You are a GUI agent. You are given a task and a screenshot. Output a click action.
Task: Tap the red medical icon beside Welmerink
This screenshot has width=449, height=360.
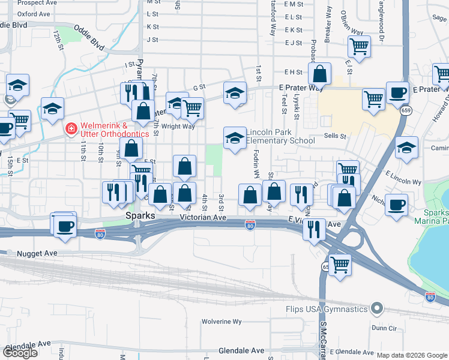[x=71, y=128]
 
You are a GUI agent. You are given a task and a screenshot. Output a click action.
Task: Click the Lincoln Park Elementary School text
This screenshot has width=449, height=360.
[x=280, y=136]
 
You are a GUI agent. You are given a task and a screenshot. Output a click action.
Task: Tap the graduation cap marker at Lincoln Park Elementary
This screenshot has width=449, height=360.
[x=235, y=138]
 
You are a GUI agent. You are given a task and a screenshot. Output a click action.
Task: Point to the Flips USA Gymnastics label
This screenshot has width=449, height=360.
[x=327, y=309]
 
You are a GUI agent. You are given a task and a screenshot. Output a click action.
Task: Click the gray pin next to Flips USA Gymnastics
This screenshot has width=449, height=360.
[x=377, y=308]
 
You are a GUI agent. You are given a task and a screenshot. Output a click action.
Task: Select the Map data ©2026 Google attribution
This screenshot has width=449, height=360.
[x=412, y=355]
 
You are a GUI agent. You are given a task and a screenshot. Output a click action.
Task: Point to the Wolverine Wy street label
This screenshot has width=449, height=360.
[x=221, y=322]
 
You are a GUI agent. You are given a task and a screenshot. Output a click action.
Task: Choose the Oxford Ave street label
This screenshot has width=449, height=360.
[x=34, y=13]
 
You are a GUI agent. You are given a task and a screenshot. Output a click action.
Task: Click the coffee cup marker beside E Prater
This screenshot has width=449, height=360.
[x=397, y=92]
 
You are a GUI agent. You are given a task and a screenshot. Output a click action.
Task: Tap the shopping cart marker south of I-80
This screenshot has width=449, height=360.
[x=340, y=264]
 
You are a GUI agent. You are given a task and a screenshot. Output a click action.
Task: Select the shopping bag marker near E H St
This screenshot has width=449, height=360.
[x=321, y=74]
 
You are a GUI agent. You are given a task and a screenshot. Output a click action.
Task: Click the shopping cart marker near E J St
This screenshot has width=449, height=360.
[x=359, y=46]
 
